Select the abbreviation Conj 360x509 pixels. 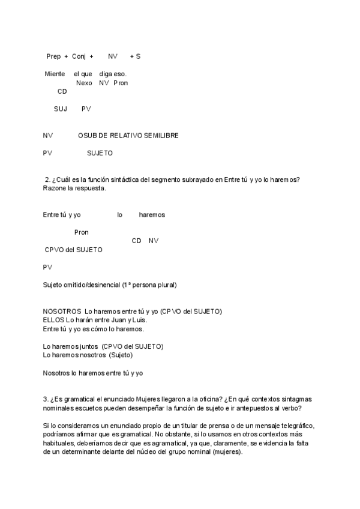click(x=79, y=56)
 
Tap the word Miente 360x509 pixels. click(x=55, y=74)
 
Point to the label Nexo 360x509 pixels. click(x=84, y=83)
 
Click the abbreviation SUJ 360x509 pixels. click(x=61, y=109)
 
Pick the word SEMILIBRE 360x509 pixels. click(x=161, y=136)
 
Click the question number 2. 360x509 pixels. click(x=47, y=179)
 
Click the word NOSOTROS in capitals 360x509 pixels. click(x=62, y=312)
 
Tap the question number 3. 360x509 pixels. click(x=45, y=399)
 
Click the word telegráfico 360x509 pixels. click(x=294, y=426)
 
